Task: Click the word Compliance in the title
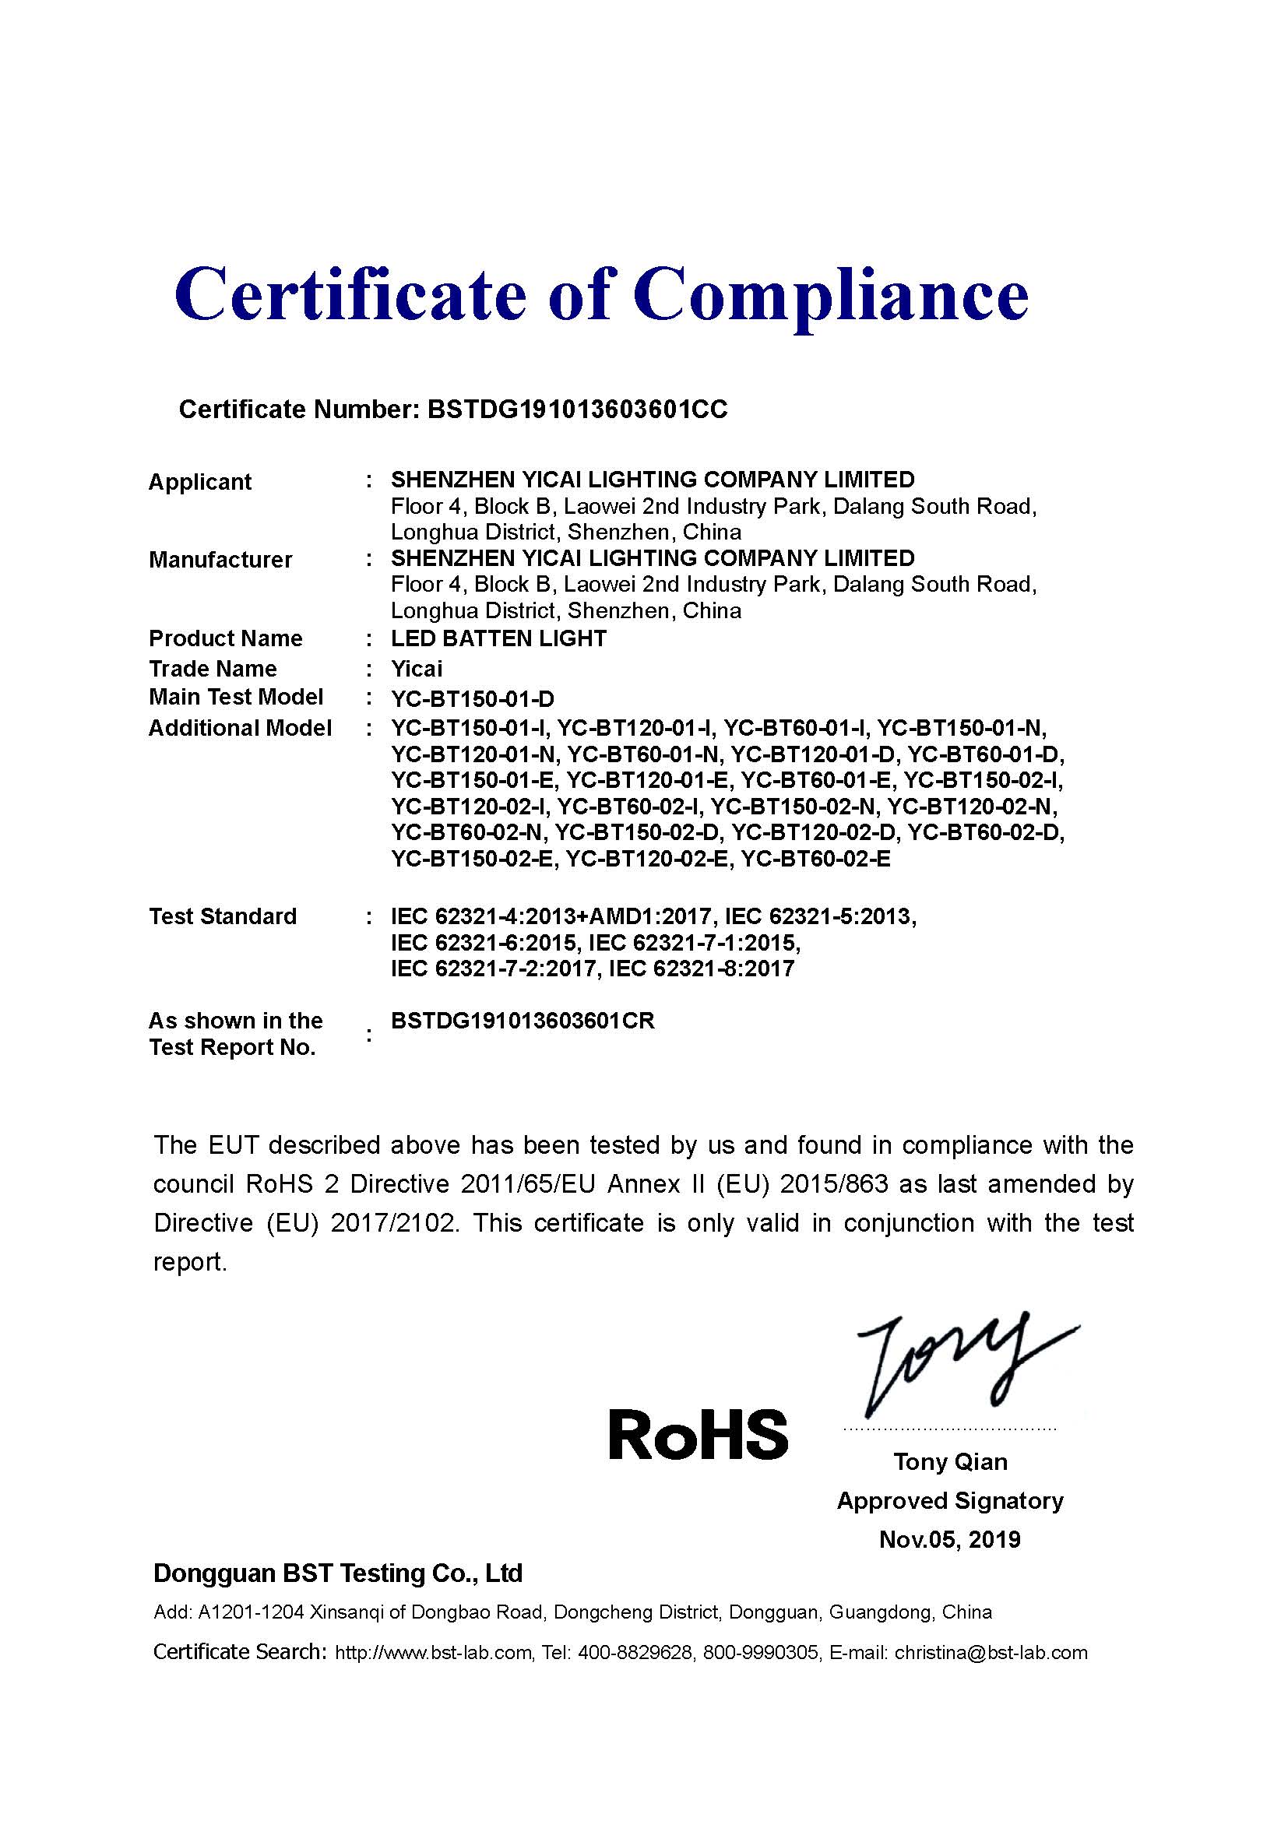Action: (x=830, y=295)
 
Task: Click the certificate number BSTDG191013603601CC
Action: (x=576, y=410)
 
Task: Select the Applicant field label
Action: (x=200, y=481)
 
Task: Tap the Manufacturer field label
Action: (x=220, y=559)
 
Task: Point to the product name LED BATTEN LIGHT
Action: (x=498, y=638)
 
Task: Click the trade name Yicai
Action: (x=417, y=669)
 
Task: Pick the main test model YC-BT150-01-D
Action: (x=472, y=698)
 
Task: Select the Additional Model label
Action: (x=240, y=728)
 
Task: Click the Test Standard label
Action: (x=222, y=916)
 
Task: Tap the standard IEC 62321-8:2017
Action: (x=701, y=969)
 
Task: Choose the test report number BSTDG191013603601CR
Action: (x=523, y=1021)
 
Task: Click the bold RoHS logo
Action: (x=698, y=1434)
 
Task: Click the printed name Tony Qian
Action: (x=950, y=1462)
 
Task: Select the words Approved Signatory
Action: (x=950, y=1500)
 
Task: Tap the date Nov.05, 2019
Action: (x=950, y=1539)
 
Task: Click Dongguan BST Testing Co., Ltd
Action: (x=338, y=1573)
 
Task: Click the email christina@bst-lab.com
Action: (x=991, y=1652)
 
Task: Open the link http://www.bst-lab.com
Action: (x=433, y=1652)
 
